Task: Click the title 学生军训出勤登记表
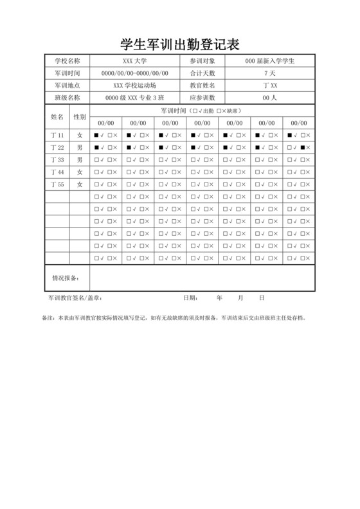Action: [x=180, y=44]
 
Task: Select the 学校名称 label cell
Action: [x=67, y=60]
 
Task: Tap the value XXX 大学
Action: [x=134, y=60]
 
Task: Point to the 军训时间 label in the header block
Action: [x=67, y=73]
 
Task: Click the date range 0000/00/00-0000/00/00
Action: [x=134, y=73]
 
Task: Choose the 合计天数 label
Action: [x=203, y=73]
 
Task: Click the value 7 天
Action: [x=270, y=73]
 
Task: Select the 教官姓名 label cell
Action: [x=203, y=85]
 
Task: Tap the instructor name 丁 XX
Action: [x=270, y=85]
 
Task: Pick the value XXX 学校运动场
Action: [x=134, y=85]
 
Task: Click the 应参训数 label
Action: [x=203, y=98]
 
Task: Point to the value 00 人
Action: [x=270, y=98]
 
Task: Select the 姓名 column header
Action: [x=57, y=117]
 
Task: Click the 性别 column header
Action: [x=80, y=117]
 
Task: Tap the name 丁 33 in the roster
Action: [x=57, y=159]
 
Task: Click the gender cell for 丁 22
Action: [x=80, y=147]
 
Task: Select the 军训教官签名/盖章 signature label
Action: [x=75, y=299]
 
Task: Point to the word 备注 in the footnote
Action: [x=48, y=317]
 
